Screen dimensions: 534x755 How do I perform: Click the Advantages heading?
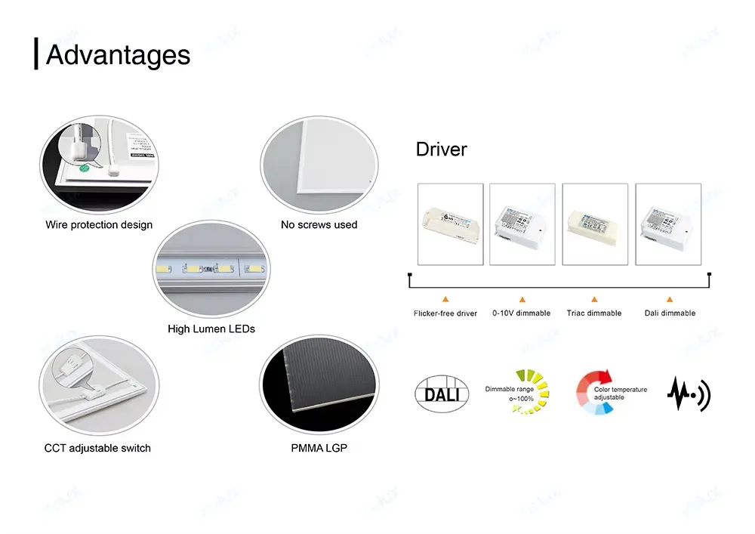click(x=118, y=55)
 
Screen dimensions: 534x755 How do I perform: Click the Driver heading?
click(x=442, y=150)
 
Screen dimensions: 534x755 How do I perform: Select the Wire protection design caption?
click(x=99, y=224)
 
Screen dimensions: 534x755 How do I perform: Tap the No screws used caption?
click(x=319, y=224)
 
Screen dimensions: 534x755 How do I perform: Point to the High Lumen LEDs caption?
click(x=211, y=329)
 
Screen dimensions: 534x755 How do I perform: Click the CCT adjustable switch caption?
click(x=97, y=448)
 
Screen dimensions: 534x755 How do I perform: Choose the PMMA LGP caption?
click(x=319, y=448)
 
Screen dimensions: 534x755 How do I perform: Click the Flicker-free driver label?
click(x=445, y=313)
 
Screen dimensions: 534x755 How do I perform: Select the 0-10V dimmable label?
click(x=522, y=313)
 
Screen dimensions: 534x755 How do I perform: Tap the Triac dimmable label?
click(x=594, y=313)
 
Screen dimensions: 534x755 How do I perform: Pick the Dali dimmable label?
click(x=670, y=313)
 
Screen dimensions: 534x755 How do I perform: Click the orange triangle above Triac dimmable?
click(x=594, y=299)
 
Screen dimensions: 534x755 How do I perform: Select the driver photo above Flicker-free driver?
click(x=450, y=224)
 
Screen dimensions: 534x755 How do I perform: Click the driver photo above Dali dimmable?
click(x=668, y=224)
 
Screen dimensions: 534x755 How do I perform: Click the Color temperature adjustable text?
click(x=620, y=393)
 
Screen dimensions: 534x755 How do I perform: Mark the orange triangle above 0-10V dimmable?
click(x=522, y=299)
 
